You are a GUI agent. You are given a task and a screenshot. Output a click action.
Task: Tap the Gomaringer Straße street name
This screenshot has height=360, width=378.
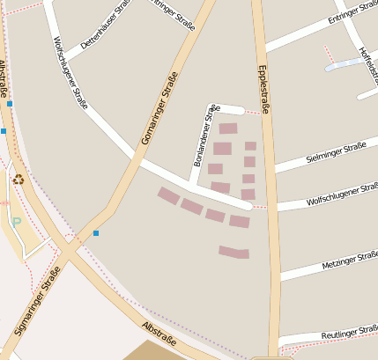159,109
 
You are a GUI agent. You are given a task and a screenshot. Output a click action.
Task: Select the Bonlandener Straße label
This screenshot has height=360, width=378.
204,136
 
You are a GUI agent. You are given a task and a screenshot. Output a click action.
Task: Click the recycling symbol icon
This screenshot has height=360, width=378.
18,180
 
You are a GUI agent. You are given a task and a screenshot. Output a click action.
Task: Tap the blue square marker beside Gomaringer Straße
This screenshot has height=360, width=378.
96,233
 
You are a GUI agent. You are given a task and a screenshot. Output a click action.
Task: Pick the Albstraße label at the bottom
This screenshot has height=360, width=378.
159,334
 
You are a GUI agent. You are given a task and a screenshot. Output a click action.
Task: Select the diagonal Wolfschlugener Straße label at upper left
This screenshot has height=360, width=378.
70,72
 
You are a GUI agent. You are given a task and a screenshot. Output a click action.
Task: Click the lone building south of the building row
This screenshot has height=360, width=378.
234,253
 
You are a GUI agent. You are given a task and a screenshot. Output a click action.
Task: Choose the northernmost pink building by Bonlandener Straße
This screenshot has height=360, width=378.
228,129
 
